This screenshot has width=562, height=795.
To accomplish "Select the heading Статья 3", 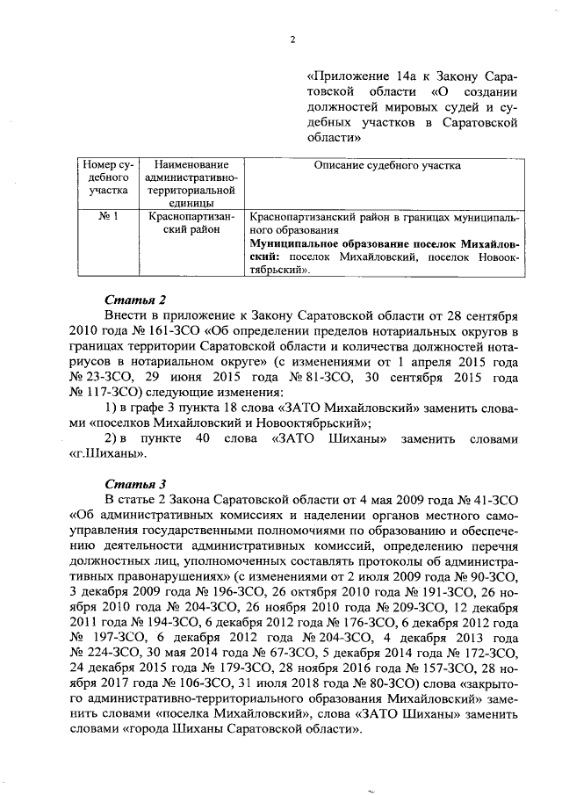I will click(x=133, y=484).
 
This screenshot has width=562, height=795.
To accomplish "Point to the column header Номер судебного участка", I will click(x=107, y=177).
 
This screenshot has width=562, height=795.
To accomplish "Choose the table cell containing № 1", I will click(x=107, y=214).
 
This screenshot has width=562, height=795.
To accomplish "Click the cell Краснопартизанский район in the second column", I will click(x=186, y=221).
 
